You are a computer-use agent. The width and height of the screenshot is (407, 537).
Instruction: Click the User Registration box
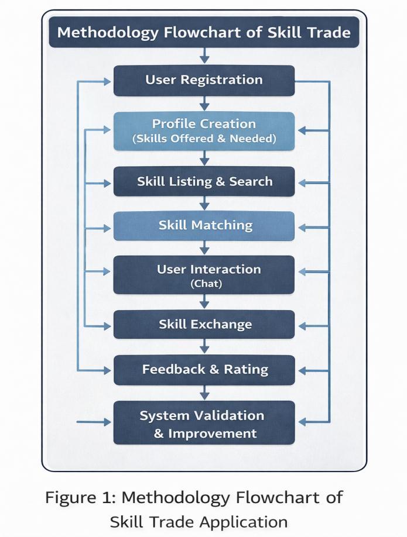(204, 80)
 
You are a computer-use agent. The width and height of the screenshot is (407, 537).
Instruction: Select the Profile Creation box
(204, 131)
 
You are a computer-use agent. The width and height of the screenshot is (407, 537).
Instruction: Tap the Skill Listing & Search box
(204, 181)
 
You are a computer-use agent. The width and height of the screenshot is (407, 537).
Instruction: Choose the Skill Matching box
(204, 226)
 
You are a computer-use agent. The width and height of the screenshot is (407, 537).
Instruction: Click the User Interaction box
(204, 275)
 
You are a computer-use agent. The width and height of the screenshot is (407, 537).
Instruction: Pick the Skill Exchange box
(204, 325)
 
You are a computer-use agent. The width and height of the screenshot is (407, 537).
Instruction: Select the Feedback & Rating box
(204, 370)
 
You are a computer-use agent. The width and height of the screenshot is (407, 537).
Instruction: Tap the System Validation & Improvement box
(204, 423)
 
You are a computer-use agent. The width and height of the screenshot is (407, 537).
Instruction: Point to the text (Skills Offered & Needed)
(204, 139)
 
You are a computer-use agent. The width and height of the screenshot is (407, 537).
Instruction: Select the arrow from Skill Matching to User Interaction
(204, 248)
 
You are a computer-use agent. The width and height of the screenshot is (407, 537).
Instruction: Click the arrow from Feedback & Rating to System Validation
(204, 393)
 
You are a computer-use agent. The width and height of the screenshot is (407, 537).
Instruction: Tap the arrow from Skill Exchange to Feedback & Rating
(204, 347)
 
